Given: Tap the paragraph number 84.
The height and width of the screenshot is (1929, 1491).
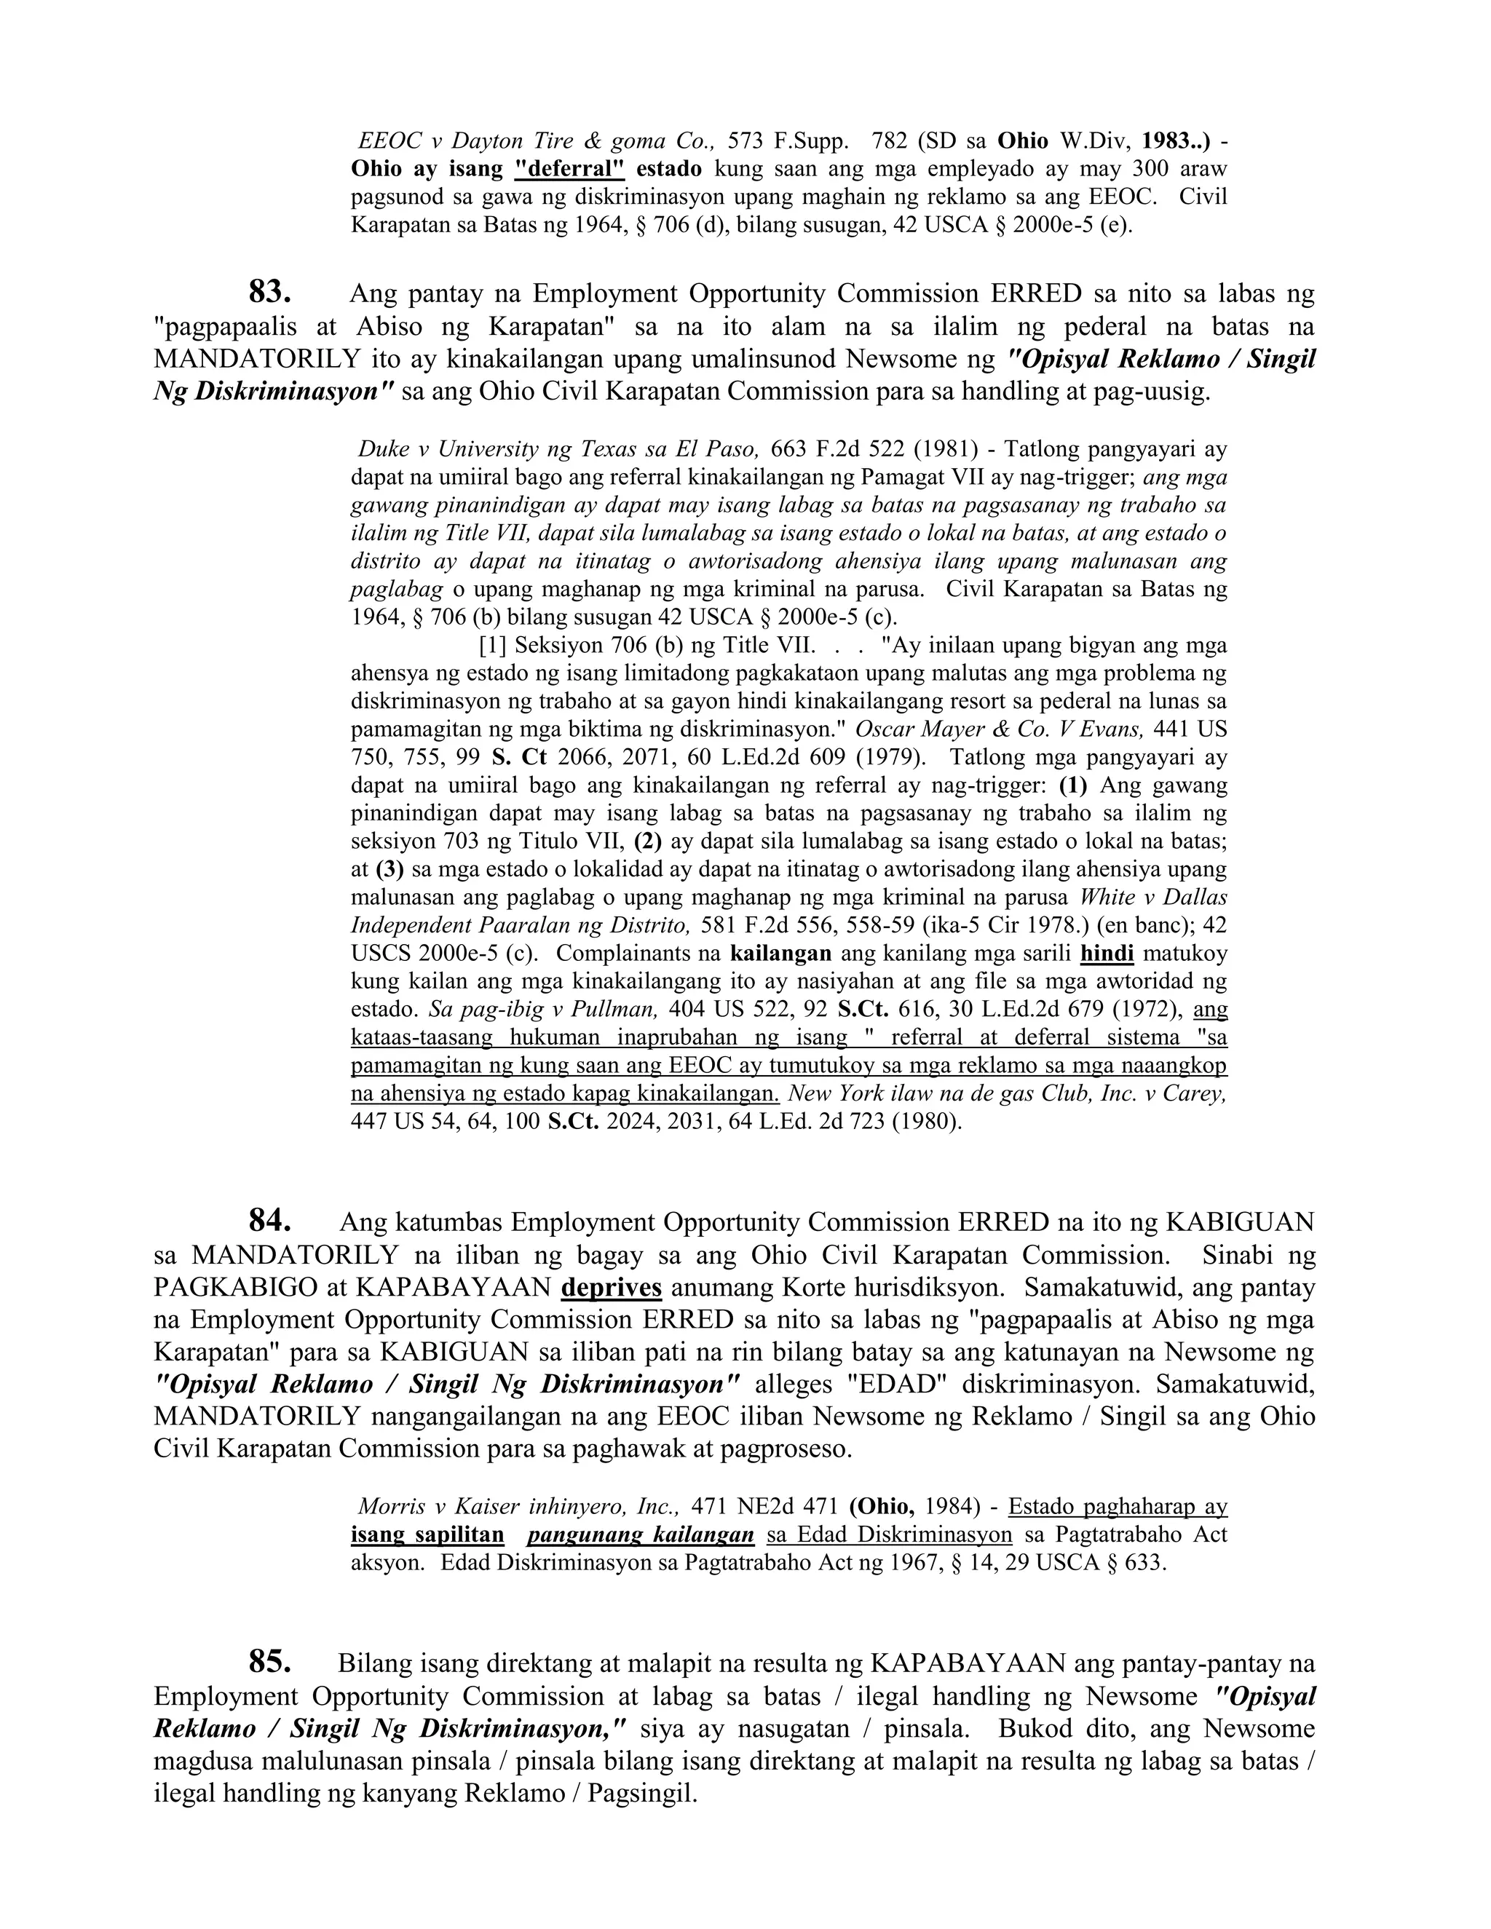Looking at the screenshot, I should coord(269,1221).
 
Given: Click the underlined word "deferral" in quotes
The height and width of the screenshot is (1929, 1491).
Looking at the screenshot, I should coord(570,168).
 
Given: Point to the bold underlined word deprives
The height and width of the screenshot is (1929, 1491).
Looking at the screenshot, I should coord(612,1287).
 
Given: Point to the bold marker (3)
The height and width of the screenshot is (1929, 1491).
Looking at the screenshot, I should coord(389,869).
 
